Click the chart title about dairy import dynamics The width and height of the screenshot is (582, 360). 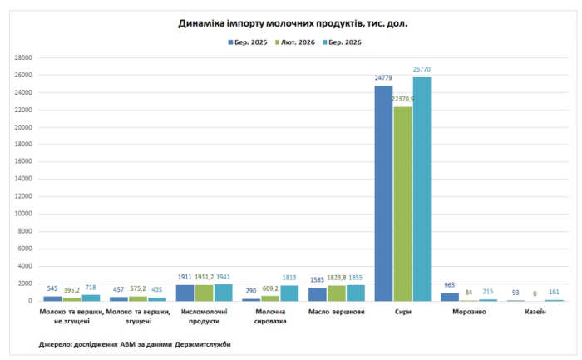pos(292,23)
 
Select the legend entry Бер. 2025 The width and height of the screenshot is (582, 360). pos(249,42)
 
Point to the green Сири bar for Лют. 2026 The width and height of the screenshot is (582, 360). pos(402,204)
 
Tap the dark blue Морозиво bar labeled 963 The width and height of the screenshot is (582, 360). pos(450,296)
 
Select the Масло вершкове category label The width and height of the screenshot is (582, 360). pos(335,312)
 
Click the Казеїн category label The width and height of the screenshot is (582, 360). pos(535,312)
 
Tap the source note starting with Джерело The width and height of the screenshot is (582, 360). pos(135,343)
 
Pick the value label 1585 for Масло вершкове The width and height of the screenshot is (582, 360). pos(316,279)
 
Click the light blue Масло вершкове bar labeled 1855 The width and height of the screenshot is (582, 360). pos(356,293)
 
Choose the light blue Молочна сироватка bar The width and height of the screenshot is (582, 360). pos(289,293)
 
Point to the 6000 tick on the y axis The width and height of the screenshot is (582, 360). pos(25,249)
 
